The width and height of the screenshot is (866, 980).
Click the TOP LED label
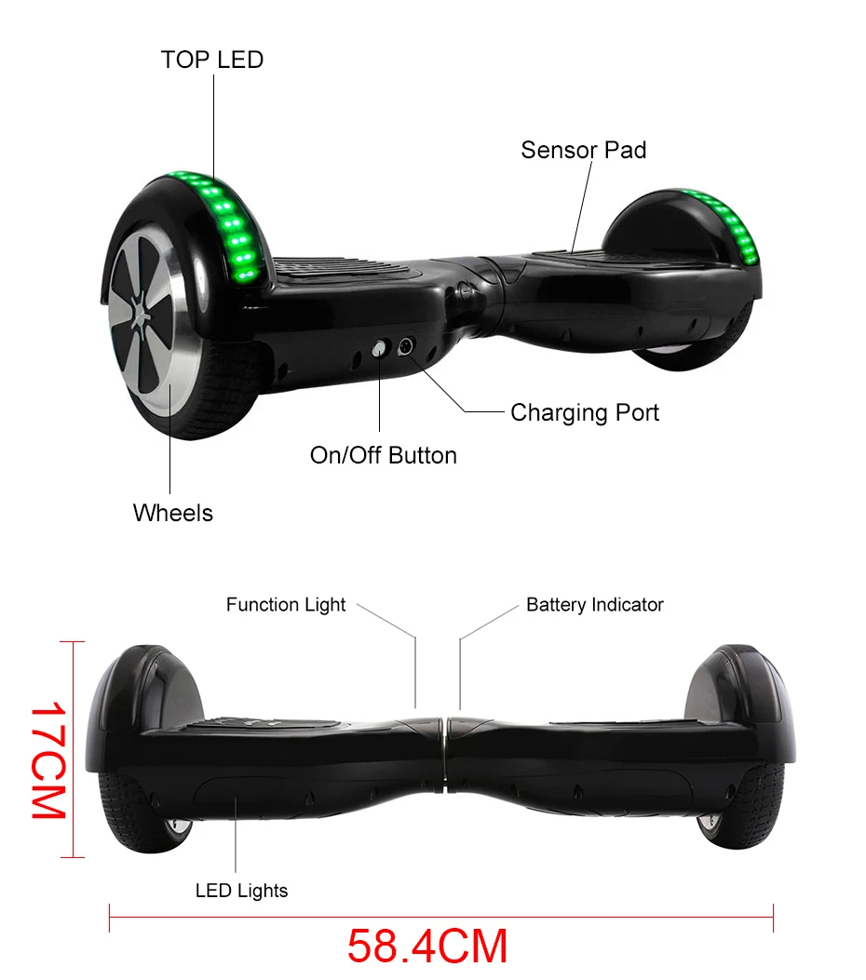(211, 60)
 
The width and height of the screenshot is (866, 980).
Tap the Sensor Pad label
(583, 150)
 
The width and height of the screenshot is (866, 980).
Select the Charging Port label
(584, 412)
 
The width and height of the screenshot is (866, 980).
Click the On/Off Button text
(383, 455)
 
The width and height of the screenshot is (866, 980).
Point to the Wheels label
(172, 513)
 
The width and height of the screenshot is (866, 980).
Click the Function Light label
(285, 605)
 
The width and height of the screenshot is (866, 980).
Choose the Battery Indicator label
(594, 605)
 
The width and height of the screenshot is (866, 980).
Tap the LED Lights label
(241, 891)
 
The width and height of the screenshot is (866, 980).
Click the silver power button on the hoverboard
(380, 349)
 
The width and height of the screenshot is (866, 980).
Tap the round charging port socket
(405, 348)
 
